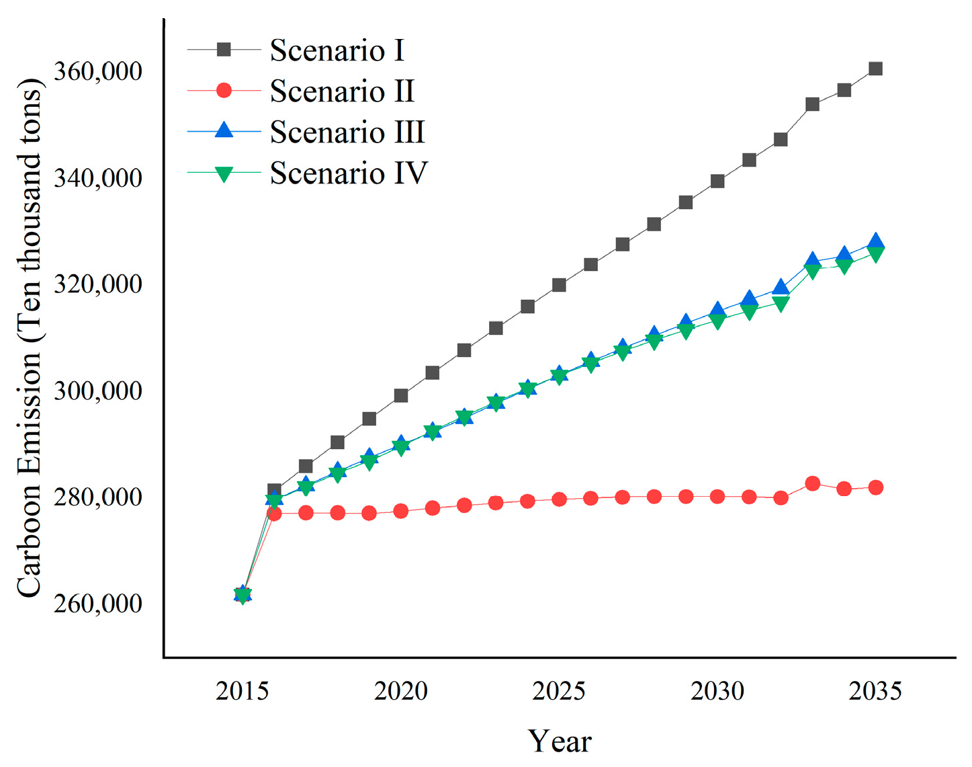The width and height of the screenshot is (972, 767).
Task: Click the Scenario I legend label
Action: pos(337,50)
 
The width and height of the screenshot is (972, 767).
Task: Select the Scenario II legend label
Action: pos(342,91)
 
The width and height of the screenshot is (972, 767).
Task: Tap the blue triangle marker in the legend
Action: pos(224,130)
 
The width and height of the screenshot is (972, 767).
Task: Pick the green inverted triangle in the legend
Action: pos(224,174)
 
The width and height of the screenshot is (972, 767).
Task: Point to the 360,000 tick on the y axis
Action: pos(98,71)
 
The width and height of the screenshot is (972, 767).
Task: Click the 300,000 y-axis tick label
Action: pos(98,391)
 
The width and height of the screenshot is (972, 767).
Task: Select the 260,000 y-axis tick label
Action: pos(98,604)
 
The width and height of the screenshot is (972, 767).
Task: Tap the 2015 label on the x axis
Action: pos(242,691)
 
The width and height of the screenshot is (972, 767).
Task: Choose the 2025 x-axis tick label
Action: pos(558,691)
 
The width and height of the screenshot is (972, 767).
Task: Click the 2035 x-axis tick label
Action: pos(875,691)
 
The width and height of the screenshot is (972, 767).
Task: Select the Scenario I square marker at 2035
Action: pos(875,69)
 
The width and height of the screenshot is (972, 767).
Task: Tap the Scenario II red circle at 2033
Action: pos(812,483)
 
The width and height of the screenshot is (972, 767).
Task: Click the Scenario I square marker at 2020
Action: pos(401,395)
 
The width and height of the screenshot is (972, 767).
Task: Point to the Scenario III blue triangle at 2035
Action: pos(875,242)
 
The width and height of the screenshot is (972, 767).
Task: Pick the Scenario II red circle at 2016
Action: pos(274,514)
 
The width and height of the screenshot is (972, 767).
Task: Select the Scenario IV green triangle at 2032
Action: pos(781,305)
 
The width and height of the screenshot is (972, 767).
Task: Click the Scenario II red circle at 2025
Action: pos(559,499)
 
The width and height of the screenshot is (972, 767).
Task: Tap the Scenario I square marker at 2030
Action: pos(717,181)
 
